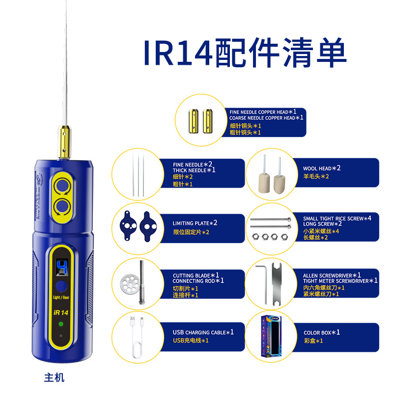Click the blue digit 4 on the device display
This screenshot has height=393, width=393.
pyautogui.click(x=62, y=267)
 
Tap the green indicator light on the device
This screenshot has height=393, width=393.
pyautogui.click(x=60, y=324)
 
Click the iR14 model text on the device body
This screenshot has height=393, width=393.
pyautogui.click(x=61, y=312)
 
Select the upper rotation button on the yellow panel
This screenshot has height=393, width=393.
pyautogui.click(x=62, y=186)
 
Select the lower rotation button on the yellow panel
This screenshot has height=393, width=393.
pyautogui.click(x=62, y=206)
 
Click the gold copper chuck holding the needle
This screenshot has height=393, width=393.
pyautogui.click(x=65, y=142)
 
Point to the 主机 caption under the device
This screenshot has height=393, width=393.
pyautogui.click(x=54, y=377)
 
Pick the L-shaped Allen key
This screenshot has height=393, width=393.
pyautogui.click(x=262, y=283)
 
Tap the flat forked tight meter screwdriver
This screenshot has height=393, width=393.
pyautogui.click(x=277, y=284)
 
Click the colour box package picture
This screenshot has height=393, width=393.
pyautogui.click(x=271, y=336)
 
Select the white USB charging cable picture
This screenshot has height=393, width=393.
pyautogui.click(x=137, y=337)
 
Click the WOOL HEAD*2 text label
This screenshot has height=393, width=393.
pyautogui.click(x=322, y=168)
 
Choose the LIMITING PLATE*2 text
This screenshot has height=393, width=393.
pyautogui.click(x=195, y=223)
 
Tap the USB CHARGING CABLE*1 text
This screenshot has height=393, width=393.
pyautogui.click(x=203, y=333)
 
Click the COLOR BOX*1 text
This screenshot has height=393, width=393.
pyautogui.click(x=322, y=333)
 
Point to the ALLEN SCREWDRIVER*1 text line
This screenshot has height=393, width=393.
pyautogui.click(x=332, y=275)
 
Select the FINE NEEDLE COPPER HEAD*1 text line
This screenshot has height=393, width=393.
pyautogui.click(x=263, y=112)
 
